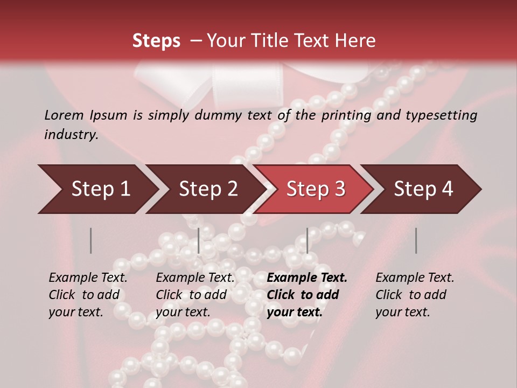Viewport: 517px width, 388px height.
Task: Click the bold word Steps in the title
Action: click(x=156, y=41)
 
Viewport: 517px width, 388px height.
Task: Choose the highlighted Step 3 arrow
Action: click(x=316, y=189)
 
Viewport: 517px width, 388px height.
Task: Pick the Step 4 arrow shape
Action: click(x=423, y=189)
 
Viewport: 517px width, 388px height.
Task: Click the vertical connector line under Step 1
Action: click(x=91, y=240)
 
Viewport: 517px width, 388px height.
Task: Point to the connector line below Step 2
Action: click(x=199, y=240)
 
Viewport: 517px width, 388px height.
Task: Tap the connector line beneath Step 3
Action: click(x=308, y=240)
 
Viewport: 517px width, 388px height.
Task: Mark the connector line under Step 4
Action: click(x=416, y=240)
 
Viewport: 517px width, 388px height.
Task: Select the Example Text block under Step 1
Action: click(x=88, y=295)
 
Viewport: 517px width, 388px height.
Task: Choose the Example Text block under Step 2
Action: click(x=195, y=295)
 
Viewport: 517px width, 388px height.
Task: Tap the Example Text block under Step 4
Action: click(x=415, y=295)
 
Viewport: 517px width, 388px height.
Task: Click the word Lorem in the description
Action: click(x=64, y=115)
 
